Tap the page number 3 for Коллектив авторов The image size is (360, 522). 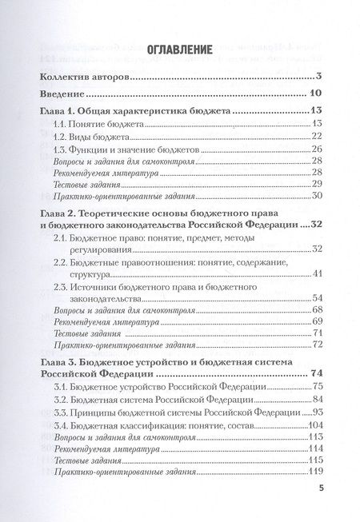click(x=318, y=77)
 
